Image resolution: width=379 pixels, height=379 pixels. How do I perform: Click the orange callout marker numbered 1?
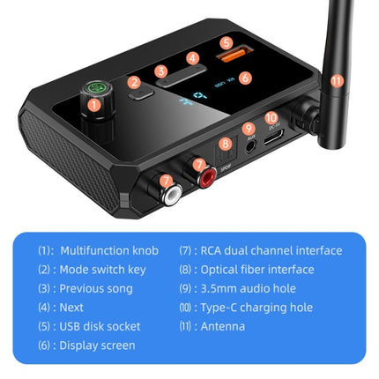click(x=95, y=105)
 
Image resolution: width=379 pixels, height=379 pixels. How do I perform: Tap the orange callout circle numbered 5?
click(x=226, y=41)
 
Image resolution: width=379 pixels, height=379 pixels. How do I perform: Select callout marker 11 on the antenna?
click(x=336, y=80)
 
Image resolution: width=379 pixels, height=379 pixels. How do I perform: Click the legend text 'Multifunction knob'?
click(x=108, y=250)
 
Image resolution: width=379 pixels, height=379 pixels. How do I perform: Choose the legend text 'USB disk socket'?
click(x=100, y=326)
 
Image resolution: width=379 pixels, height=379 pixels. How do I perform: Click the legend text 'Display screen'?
click(x=97, y=346)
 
